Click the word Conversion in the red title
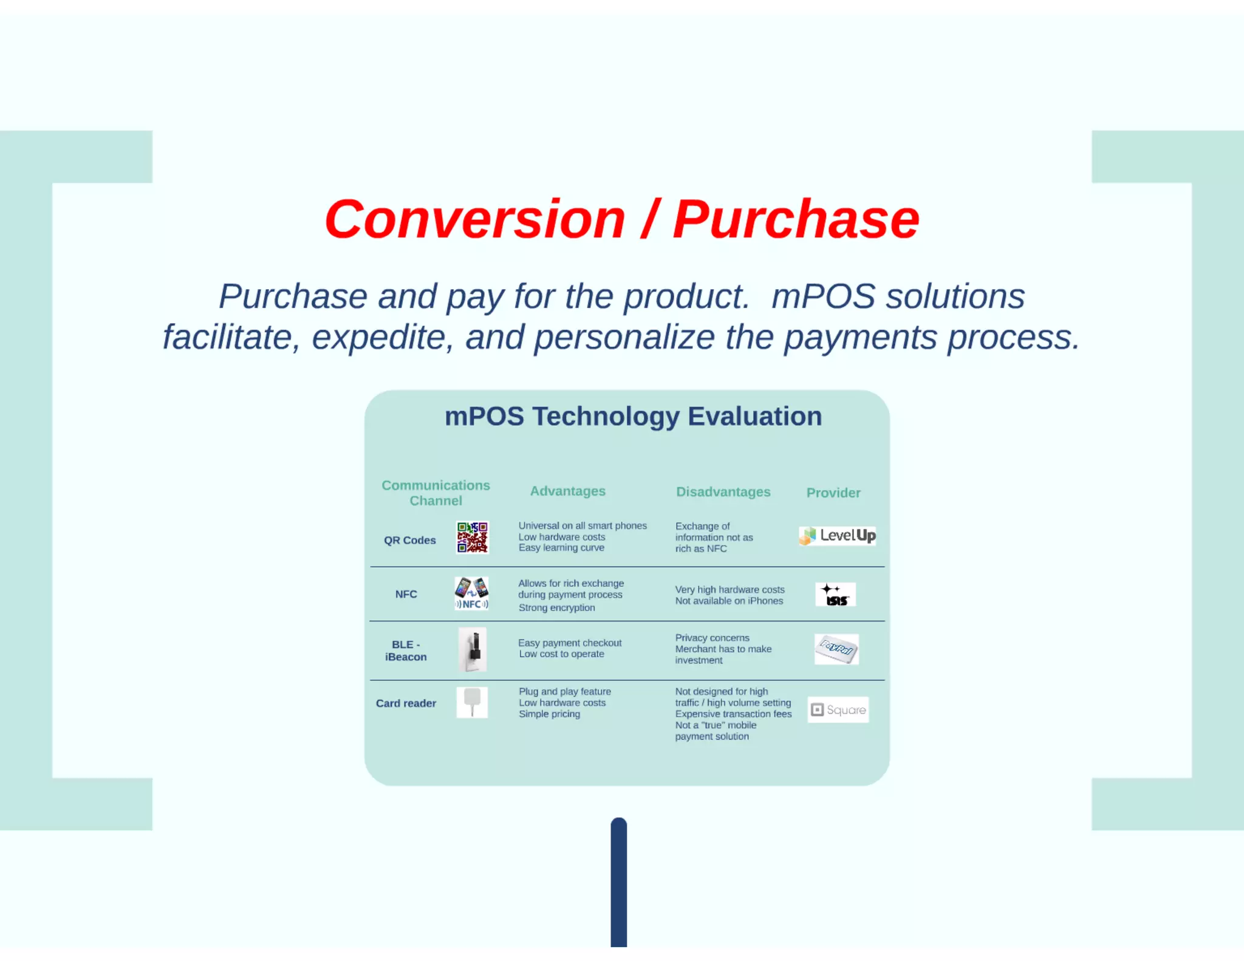pyautogui.click(x=475, y=219)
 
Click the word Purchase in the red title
pyautogui.click(x=796, y=219)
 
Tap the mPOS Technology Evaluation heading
pyautogui.click(x=633, y=417)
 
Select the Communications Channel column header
pyautogui.click(x=436, y=493)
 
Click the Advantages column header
pyautogui.click(x=567, y=491)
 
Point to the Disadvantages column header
pyautogui.click(x=723, y=491)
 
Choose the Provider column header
pyautogui.click(x=833, y=493)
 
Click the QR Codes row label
pyautogui.click(x=409, y=540)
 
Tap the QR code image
pyautogui.click(x=472, y=537)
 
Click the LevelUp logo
pyautogui.click(x=837, y=536)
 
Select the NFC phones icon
pyautogui.click(x=471, y=593)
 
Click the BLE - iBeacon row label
pyautogui.click(x=406, y=651)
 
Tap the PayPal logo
pyautogui.click(x=836, y=649)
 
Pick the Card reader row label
pyautogui.click(x=406, y=703)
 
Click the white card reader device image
pyautogui.click(x=472, y=702)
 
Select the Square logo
pyautogui.click(x=838, y=710)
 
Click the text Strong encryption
pyautogui.click(x=556, y=607)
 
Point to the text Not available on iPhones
pyautogui.click(x=729, y=601)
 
